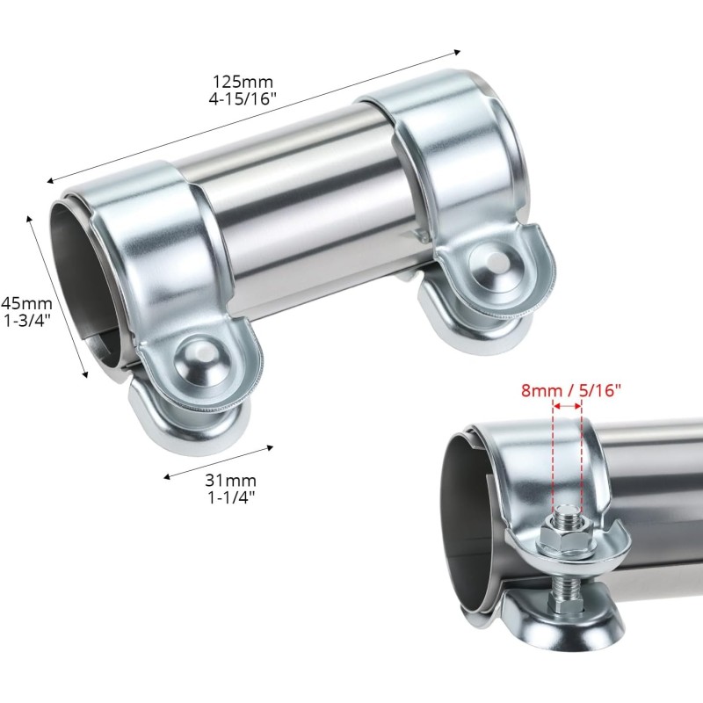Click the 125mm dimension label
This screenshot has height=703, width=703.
click(x=243, y=82)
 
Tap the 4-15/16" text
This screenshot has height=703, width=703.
click(x=243, y=98)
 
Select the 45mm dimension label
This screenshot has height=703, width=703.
click(x=27, y=303)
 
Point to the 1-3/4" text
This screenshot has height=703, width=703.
click(x=26, y=321)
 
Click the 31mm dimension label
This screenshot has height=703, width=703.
click(x=231, y=480)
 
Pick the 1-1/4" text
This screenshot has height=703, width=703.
click(x=231, y=497)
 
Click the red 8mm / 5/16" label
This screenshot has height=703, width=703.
click(x=570, y=390)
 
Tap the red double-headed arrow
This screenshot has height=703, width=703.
click(x=568, y=406)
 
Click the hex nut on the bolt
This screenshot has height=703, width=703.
click(x=566, y=535)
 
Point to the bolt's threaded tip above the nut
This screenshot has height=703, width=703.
click(x=568, y=513)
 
